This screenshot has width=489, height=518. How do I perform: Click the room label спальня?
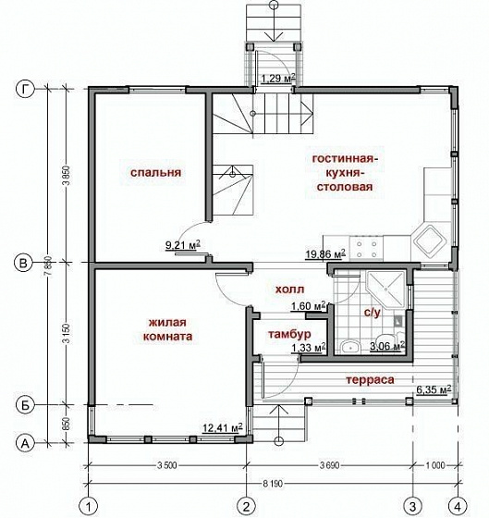[155, 172]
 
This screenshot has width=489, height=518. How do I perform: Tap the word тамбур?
[289, 334]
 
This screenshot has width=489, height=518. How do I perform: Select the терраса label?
[370, 379]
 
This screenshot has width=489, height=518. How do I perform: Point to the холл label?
[289, 289]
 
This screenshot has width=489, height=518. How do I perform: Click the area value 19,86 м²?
[325, 254]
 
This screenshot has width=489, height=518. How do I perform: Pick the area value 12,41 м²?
[223, 427]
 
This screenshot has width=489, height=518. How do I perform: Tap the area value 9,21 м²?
[183, 245]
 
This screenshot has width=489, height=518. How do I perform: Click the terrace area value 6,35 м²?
[434, 389]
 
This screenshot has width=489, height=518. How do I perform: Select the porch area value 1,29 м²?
[278, 79]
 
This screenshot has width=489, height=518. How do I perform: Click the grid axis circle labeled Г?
[25, 89]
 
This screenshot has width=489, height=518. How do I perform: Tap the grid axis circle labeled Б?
[25, 405]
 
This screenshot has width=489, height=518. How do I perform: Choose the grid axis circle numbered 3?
[412, 505]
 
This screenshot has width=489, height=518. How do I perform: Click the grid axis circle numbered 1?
[89, 505]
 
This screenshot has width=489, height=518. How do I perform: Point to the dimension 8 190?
[273, 484]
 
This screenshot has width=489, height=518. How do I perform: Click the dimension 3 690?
[329, 465]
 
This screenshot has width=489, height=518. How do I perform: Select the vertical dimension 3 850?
[67, 176]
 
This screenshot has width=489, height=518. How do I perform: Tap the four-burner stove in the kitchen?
[366, 249]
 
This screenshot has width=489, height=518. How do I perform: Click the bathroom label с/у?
[373, 313]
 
